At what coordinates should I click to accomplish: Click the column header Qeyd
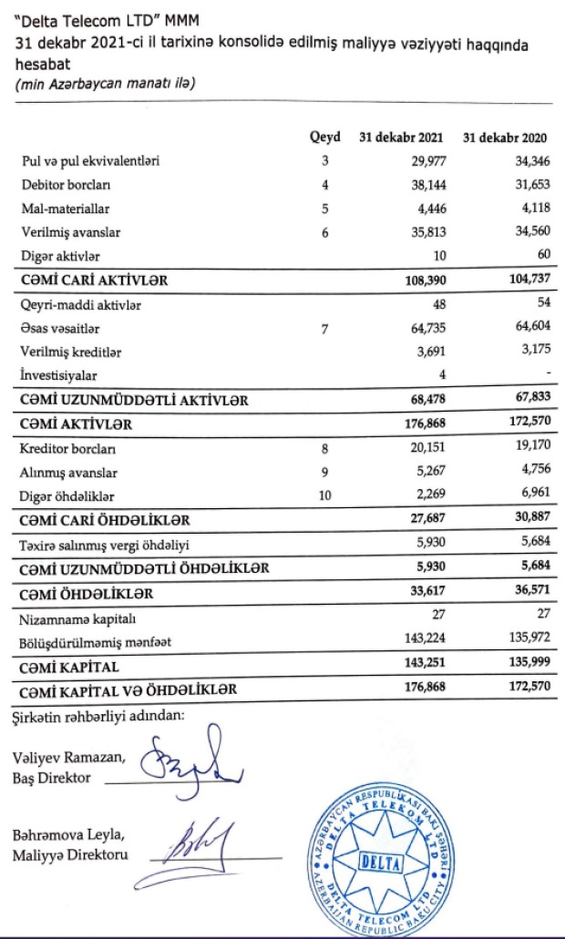point(325,138)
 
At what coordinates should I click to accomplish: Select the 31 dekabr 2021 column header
point(400,138)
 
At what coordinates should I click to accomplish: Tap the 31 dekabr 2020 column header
point(506,138)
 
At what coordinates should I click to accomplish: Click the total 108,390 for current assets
point(422,280)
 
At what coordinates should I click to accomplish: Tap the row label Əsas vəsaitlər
point(60,328)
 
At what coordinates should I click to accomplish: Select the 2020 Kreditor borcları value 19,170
point(527,448)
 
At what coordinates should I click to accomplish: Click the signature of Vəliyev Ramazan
point(195,755)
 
